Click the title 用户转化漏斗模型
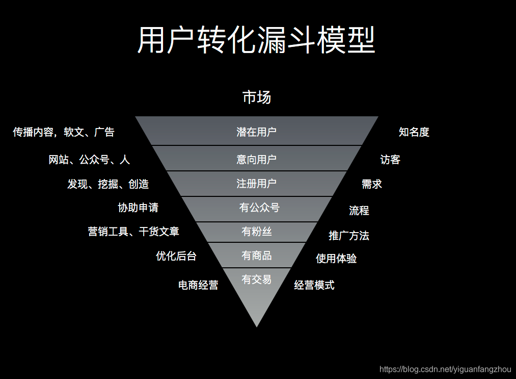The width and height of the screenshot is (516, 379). coord(257,40)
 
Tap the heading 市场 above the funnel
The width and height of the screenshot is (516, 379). coord(257,97)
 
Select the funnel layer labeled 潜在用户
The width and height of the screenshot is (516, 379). coord(257,132)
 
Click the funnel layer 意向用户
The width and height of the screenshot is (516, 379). coord(257,160)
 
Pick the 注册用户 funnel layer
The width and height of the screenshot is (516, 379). coord(257,184)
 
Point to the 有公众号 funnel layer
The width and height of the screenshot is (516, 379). coord(259,208)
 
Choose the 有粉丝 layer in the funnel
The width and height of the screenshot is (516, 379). coord(257,232)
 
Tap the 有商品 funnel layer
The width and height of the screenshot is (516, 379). coord(257,256)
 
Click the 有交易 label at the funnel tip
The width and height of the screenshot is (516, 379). coord(257,280)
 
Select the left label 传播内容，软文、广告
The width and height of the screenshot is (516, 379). coord(64,132)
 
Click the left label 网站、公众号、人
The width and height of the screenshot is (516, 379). coord(89,160)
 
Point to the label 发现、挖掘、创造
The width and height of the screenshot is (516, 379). coord(108,184)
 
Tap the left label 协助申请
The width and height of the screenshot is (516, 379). coord(138,208)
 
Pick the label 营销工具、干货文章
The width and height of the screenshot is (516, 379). coord(133,232)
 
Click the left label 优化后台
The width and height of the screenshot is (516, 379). coord(176,256)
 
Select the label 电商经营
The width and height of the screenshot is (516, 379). coord(198,285)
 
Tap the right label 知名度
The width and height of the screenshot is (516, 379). coord(414,132)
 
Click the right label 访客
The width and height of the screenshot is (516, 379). coord(390,160)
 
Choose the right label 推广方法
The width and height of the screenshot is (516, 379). coord(349,236)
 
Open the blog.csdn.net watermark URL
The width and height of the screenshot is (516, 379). coord(445,369)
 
